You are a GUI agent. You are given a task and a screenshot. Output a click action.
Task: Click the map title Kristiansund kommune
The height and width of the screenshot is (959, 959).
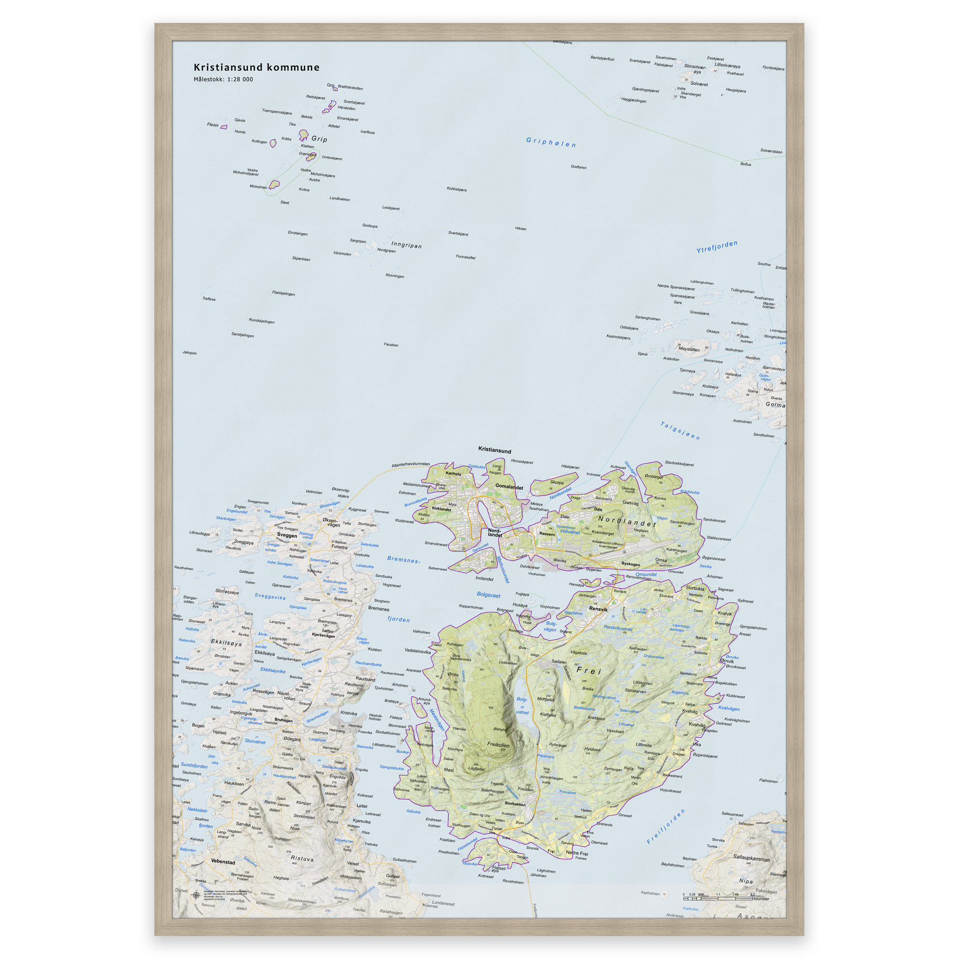point(256,67)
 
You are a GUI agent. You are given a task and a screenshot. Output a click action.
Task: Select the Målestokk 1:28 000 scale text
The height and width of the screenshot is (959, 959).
point(223,80)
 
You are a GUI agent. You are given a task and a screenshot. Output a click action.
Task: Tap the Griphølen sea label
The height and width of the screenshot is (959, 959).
point(551,142)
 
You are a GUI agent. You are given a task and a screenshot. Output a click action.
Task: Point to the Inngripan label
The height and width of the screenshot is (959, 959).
point(406,245)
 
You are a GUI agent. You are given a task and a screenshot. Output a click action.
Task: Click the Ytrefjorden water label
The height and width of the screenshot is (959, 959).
point(717,247)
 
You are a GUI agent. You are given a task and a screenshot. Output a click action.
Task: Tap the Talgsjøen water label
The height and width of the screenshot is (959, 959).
point(680,430)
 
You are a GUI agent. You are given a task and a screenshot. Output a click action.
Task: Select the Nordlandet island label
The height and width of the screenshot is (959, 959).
point(627,521)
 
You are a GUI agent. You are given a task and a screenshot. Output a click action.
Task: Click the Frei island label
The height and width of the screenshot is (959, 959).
point(589,671)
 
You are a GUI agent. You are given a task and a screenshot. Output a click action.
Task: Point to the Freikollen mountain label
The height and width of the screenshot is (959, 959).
point(498,745)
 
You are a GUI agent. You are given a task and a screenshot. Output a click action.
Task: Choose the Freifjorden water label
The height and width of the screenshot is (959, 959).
point(666,826)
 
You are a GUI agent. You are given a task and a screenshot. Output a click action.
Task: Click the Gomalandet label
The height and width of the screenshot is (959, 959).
point(509,487)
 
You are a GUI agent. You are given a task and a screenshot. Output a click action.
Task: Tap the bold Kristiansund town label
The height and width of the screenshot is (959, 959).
point(494,450)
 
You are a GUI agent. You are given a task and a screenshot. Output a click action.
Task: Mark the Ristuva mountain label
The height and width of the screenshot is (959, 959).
point(302,858)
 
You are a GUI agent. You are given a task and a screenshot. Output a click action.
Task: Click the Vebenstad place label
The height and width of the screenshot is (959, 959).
point(223,862)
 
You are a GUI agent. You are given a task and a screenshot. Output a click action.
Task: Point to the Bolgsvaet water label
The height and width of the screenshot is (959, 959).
point(488,595)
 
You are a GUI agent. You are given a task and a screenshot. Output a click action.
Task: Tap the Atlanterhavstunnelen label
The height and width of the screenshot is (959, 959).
point(411,464)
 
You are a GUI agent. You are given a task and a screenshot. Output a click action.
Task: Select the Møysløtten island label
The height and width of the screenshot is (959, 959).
point(689,349)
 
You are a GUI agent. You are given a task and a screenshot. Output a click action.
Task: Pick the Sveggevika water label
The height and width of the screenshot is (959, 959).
point(270,596)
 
